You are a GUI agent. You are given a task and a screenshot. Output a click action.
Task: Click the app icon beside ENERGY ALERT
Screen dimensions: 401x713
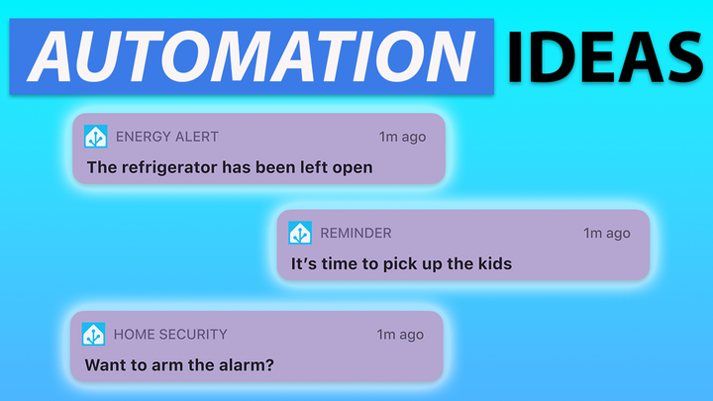96,137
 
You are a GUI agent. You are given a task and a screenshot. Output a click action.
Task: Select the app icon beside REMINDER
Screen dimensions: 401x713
300,233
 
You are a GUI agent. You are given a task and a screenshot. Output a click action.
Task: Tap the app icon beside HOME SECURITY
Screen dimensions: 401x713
94,334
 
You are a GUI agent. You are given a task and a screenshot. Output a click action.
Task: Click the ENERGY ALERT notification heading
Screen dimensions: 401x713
167,137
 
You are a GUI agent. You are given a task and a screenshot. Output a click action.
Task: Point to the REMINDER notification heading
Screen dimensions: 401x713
356,234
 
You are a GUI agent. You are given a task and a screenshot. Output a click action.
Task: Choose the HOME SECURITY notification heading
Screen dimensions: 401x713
170,335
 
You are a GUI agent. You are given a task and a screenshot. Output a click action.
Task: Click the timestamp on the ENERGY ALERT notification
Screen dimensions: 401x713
402,137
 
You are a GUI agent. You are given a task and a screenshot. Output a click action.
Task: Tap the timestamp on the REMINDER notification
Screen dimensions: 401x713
606,234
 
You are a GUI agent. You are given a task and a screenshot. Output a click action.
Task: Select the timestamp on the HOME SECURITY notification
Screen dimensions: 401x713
401,335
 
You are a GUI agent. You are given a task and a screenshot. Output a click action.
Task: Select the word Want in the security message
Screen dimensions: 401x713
106,364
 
